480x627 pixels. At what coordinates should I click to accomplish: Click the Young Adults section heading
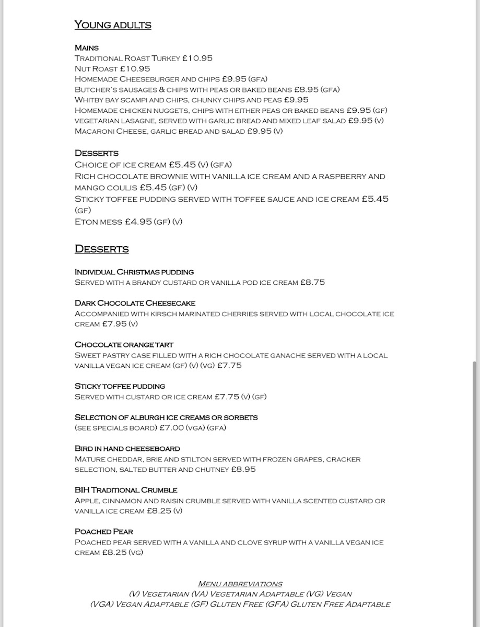[113, 25]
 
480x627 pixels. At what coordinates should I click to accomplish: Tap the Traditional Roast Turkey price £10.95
[197, 59]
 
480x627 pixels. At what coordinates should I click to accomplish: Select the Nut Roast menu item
[97, 68]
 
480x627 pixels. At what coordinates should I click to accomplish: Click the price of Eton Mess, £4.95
[138, 222]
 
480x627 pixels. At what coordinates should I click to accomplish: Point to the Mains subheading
[87, 48]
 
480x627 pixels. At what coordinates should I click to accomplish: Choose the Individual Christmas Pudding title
[134, 272]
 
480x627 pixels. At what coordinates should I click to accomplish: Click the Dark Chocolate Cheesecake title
[135, 303]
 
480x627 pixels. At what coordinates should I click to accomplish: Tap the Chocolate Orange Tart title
[124, 345]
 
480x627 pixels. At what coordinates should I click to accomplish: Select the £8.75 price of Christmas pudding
[312, 282]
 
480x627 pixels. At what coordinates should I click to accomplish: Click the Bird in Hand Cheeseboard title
[127, 448]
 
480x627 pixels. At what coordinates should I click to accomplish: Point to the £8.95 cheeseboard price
[243, 469]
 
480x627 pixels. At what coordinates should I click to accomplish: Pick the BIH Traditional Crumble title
[126, 490]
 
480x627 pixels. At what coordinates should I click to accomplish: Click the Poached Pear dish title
[104, 531]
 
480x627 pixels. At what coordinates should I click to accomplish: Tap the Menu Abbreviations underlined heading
[240, 584]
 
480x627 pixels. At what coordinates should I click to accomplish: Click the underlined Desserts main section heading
[101, 249]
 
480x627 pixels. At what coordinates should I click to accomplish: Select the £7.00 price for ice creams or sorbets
[185, 428]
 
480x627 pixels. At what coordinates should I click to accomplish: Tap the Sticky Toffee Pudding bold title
[120, 386]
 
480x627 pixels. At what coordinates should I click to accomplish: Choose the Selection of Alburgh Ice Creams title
[166, 417]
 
